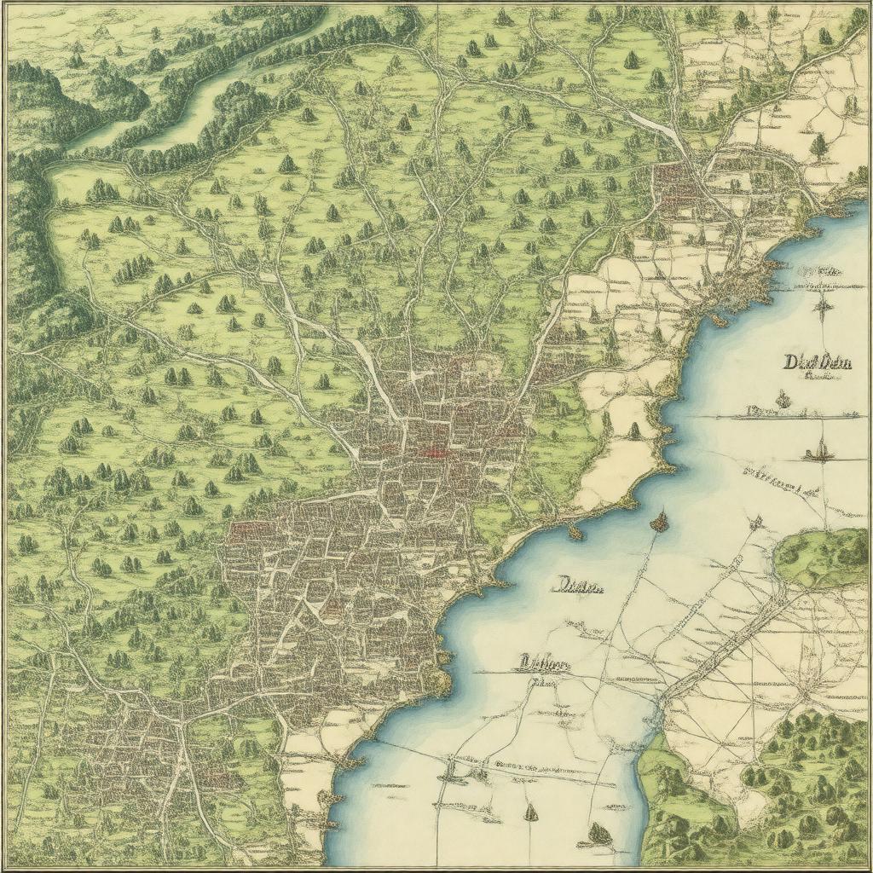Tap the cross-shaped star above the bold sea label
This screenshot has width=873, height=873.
click(x=823, y=307)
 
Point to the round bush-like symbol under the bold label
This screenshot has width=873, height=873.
click(x=783, y=399)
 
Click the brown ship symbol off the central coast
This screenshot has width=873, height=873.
click(x=659, y=521)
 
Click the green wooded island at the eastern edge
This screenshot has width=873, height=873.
click(x=823, y=558)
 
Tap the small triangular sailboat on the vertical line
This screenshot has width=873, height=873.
click(x=530, y=812)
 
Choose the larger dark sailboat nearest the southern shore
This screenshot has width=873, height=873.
click(x=600, y=833)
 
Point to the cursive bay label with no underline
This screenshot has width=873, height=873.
click(x=580, y=586)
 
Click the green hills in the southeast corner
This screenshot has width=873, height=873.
click(x=801, y=767)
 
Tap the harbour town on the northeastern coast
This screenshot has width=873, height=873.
click(x=733, y=281)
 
